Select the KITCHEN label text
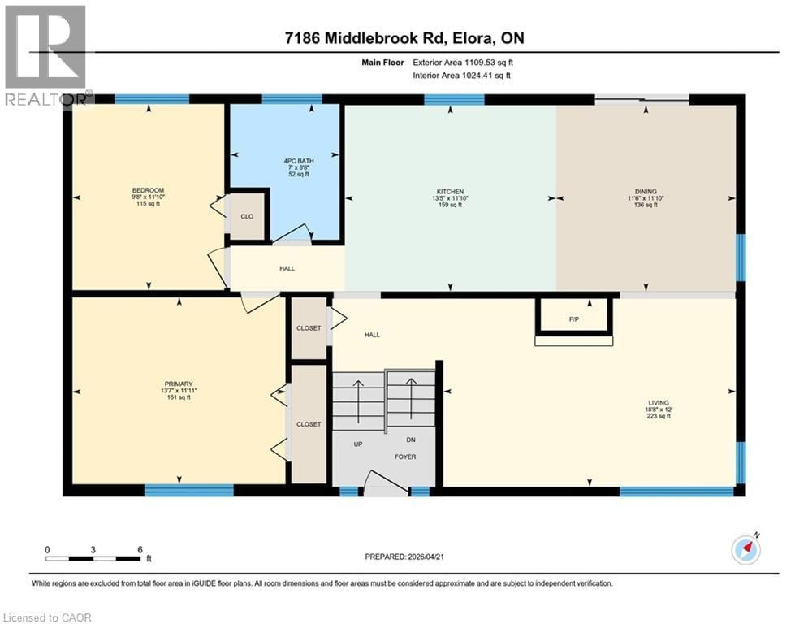pos(448,192)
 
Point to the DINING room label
pos(646,192)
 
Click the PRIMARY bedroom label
pos(177,383)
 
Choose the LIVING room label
pos(658,402)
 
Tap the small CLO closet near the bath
pos(248,217)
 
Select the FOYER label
pos(405,457)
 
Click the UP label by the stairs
pos(356,444)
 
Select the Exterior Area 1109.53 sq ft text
pos(461,61)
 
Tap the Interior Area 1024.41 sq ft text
pos(461,76)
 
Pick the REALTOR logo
pos(45,55)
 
